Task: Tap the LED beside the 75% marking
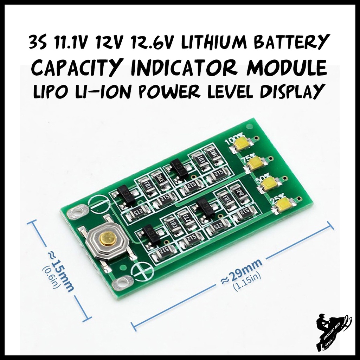pyautogui.click(x=256, y=162)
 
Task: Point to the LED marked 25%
pyautogui.click(x=283, y=204)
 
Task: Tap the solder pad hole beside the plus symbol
pyautogui.click(x=123, y=282)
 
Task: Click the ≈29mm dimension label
pyautogui.click(x=241, y=272)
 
